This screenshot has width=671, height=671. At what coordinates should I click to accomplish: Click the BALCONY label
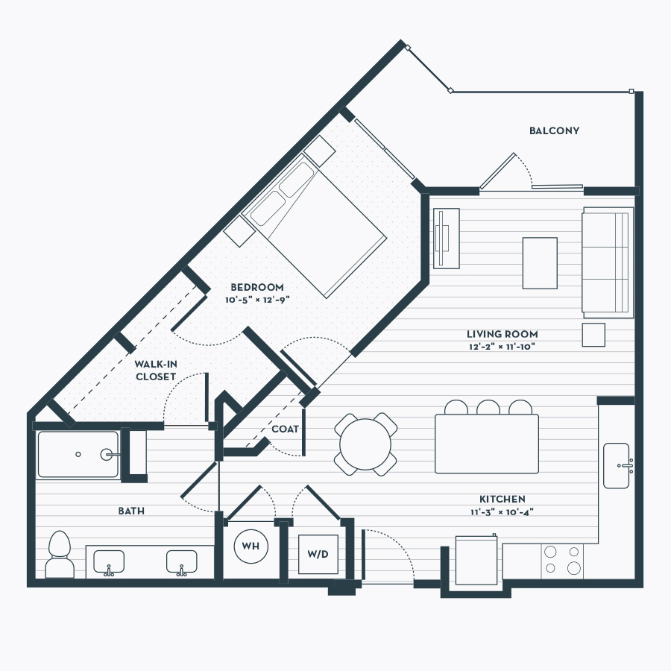554,131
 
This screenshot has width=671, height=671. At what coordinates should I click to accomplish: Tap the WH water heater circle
251,546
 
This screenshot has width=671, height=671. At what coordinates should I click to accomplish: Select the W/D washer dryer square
318,554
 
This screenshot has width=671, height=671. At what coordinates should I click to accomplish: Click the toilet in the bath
60,555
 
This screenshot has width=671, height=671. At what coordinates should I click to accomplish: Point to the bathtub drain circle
78,454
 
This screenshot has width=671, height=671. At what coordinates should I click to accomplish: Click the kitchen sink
617,465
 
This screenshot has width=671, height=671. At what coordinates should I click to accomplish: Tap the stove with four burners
562,561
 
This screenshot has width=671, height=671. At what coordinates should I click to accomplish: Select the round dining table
365,444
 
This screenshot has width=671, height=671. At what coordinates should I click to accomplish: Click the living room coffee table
540,263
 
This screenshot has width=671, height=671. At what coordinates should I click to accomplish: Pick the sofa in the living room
608,262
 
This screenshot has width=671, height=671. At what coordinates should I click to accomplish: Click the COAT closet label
285,429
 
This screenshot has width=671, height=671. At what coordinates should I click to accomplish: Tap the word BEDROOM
256,287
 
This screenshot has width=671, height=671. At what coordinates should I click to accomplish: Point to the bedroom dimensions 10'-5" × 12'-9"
258,300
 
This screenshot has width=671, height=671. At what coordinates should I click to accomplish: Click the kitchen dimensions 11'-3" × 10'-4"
502,511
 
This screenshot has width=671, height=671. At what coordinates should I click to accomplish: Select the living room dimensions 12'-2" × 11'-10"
502,347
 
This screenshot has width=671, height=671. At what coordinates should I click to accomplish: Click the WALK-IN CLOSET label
156,370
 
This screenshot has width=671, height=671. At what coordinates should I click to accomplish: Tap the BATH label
131,511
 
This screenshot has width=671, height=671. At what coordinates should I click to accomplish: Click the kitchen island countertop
487,444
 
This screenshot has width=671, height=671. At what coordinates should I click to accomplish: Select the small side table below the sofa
593,335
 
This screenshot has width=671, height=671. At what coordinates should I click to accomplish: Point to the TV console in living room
447,239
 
